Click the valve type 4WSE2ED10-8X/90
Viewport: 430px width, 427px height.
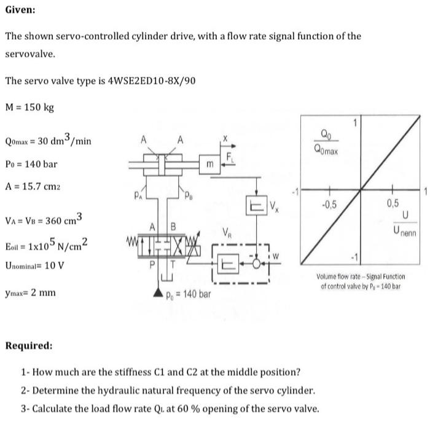[x=152, y=80]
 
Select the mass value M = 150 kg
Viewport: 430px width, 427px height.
[x=29, y=108]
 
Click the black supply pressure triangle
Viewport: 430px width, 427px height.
[x=158, y=294]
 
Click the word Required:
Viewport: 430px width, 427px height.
[x=28, y=345]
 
